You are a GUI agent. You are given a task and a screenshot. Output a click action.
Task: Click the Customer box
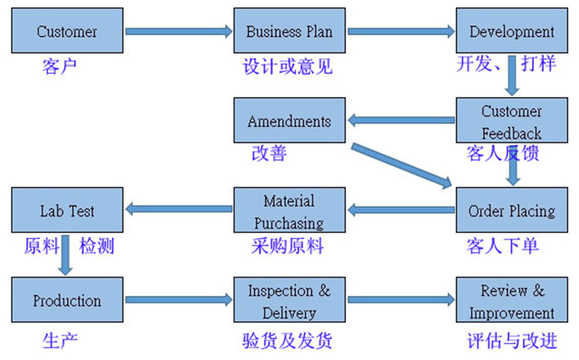click(x=67, y=31)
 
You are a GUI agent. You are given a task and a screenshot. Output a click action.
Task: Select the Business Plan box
click(x=289, y=31)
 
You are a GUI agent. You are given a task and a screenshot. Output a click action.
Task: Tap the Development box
click(x=512, y=31)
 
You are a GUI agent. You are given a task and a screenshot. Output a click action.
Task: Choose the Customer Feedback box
click(x=512, y=121)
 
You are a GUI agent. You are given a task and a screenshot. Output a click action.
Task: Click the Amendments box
click(x=289, y=121)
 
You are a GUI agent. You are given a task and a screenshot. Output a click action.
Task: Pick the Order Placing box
click(x=512, y=210)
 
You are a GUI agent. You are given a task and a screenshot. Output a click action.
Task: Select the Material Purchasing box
click(x=289, y=210)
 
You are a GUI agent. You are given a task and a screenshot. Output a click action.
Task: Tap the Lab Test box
click(x=67, y=210)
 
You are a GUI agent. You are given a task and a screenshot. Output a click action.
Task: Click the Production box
click(x=67, y=301)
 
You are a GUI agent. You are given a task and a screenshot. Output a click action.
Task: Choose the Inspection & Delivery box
click(x=289, y=301)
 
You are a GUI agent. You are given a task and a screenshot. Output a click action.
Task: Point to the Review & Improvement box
click(x=512, y=301)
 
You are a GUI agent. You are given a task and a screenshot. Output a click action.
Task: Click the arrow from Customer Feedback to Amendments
click(x=401, y=121)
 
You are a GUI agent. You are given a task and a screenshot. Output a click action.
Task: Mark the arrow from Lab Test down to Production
click(x=65, y=254)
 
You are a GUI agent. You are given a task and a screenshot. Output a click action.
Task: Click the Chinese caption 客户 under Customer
click(x=59, y=66)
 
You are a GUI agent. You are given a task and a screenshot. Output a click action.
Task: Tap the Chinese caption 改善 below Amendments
click(x=268, y=154)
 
